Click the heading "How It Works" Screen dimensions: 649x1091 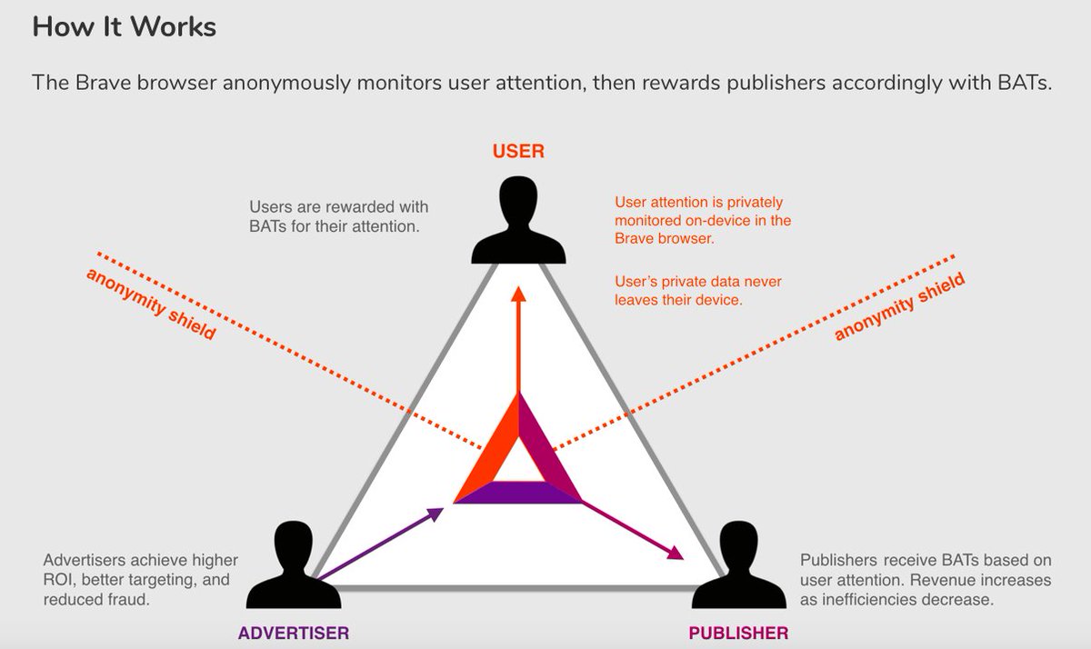click(x=124, y=26)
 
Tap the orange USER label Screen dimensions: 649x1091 click(x=518, y=151)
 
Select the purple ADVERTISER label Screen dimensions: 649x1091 click(x=294, y=633)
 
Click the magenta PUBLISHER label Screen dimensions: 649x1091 click(x=738, y=633)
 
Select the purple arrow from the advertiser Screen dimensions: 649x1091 click(x=377, y=543)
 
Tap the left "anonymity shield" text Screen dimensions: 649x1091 click(x=151, y=304)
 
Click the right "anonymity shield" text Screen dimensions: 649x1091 click(x=899, y=307)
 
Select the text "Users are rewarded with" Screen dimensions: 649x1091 click(x=338, y=207)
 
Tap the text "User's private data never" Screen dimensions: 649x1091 click(x=697, y=282)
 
